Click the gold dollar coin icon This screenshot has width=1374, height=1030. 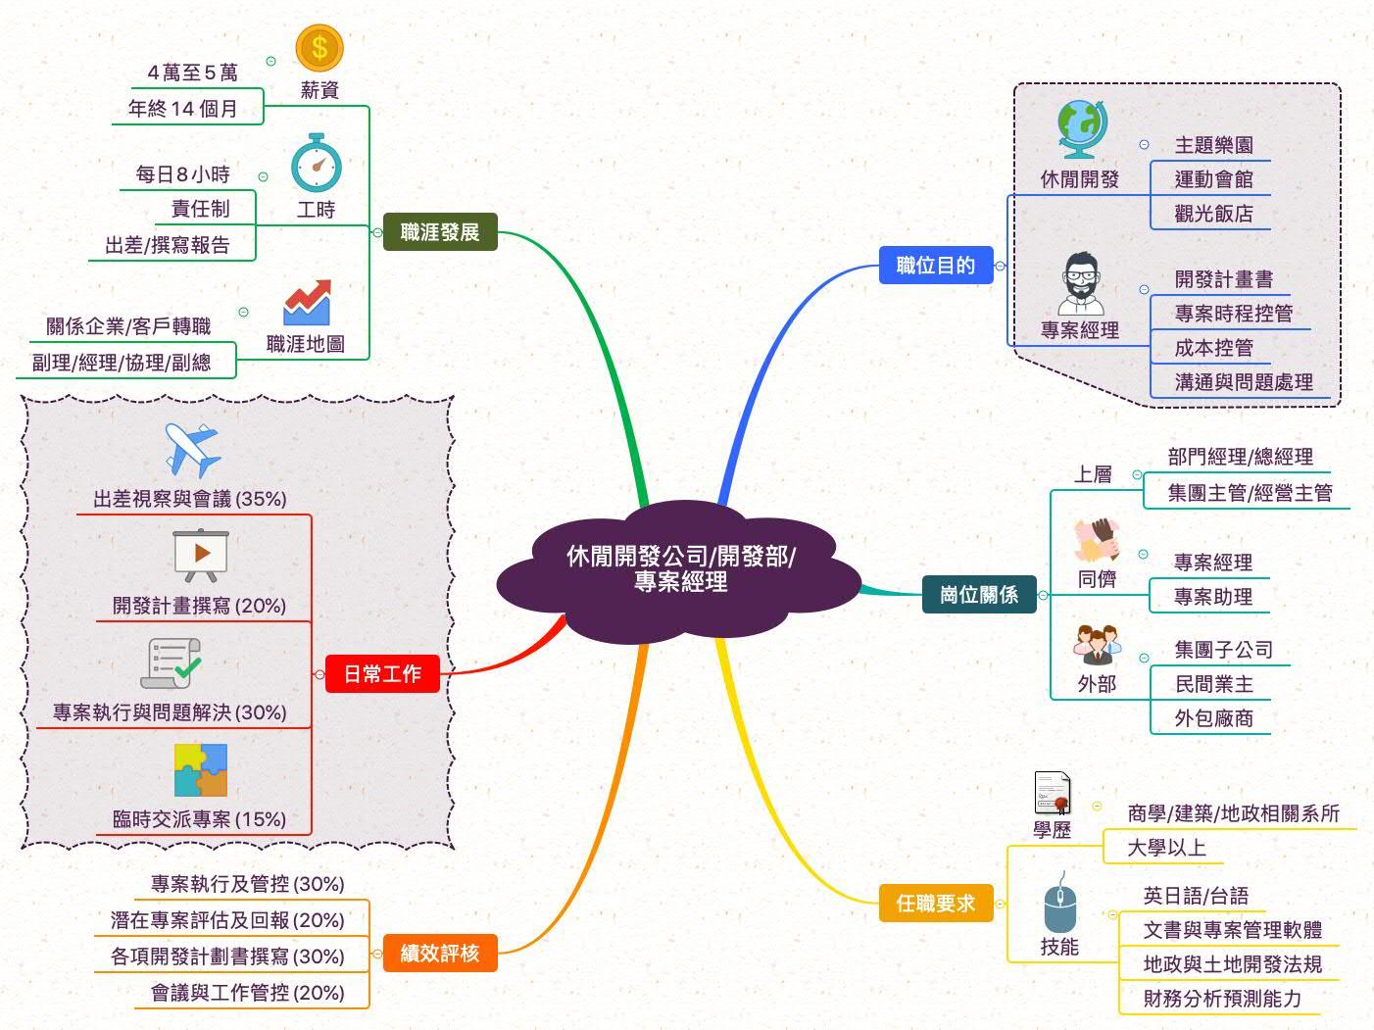(x=319, y=47)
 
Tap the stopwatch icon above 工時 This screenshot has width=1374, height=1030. (x=316, y=164)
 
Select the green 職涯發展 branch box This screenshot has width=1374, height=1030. (x=440, y=232)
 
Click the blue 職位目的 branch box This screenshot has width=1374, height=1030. (x=936, y=266)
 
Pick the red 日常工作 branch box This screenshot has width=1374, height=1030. (x=382, y=674)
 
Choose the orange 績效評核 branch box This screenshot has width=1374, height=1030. (x=440, y=953)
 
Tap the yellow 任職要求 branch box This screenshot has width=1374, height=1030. (x=936, y=903)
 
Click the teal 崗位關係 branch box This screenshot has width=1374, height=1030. (x=979, y=595)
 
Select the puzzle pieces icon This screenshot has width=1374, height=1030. (x=200, y=770)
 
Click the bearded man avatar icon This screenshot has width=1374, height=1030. (x=1081, y=284)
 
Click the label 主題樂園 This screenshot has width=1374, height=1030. (x=1213, y=146)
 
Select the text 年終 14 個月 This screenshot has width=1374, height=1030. (x=183, y=109)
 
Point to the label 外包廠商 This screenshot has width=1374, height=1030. (x=1213, y=718)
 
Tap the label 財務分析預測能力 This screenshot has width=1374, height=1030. (x=1222, y=999)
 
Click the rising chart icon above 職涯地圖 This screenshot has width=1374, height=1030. (x=307, y=302)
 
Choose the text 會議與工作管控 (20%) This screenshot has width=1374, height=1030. (x=248, y=993)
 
